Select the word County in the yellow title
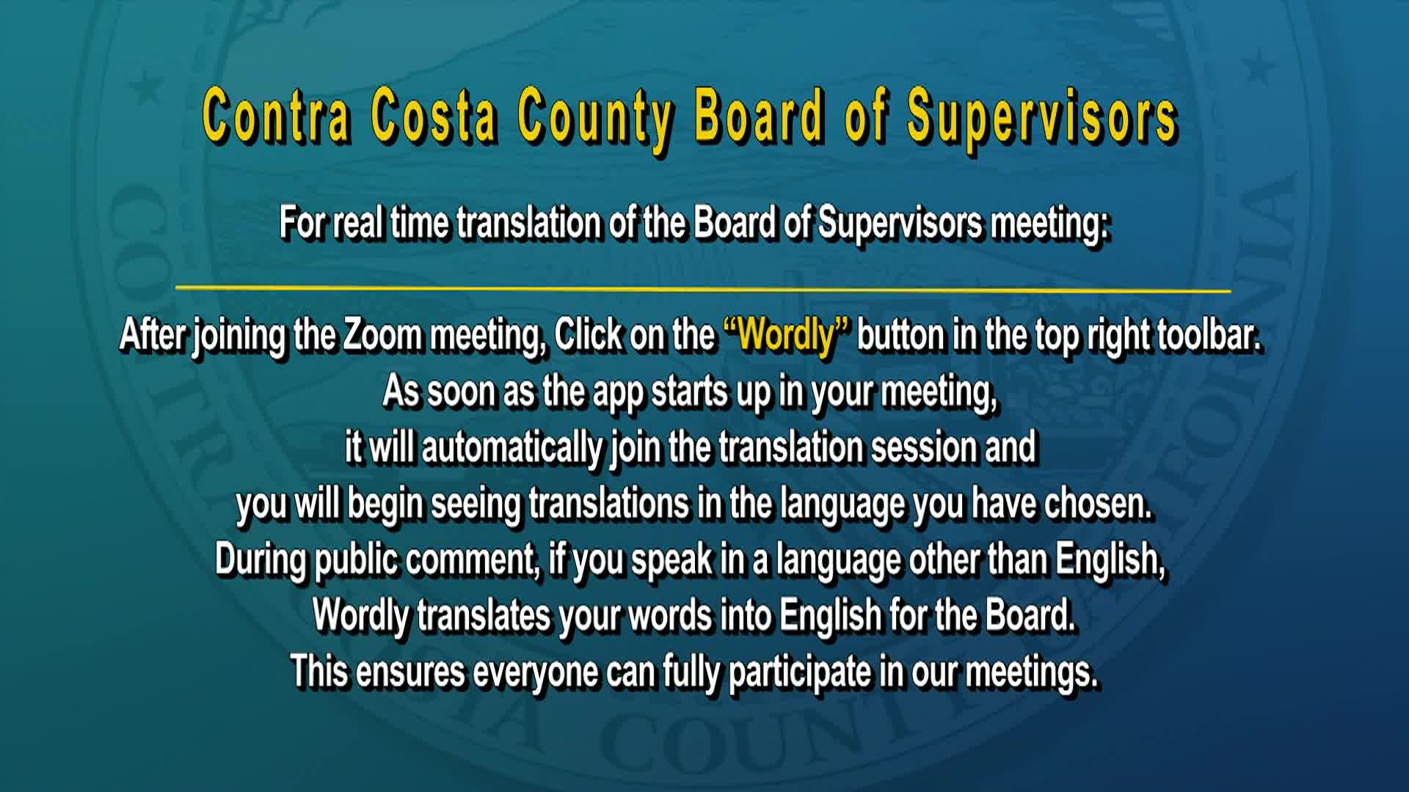point(594,117)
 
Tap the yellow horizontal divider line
point(703,288)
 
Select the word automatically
point(511,448)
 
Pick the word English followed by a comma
point(1110,560)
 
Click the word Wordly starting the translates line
point(360,615)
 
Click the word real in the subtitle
point(358,223)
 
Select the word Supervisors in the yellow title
point(1042,117)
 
